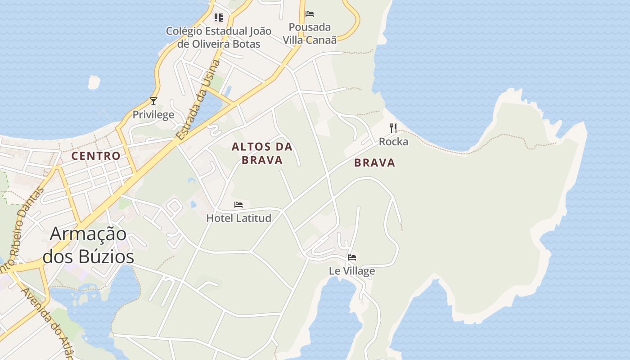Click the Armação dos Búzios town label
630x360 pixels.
88,245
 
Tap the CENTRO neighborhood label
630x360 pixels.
96,156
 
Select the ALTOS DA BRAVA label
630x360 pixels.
262,153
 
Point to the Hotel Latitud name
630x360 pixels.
238,218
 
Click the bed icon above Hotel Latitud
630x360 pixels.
238,205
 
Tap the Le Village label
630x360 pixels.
352,271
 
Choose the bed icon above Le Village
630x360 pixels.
352,257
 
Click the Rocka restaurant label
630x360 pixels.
393,142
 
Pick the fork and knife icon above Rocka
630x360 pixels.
393,128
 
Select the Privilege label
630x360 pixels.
153,115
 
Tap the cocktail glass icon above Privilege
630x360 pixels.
153,101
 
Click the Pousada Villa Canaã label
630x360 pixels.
310,33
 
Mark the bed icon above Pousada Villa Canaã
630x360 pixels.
310,14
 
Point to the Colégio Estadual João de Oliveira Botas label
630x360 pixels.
219,37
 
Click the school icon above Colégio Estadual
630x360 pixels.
219,18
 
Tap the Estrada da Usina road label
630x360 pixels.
199,100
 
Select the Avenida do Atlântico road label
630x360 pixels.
47,323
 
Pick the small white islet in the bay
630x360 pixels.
94,82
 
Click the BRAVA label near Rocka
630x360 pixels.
374,163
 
